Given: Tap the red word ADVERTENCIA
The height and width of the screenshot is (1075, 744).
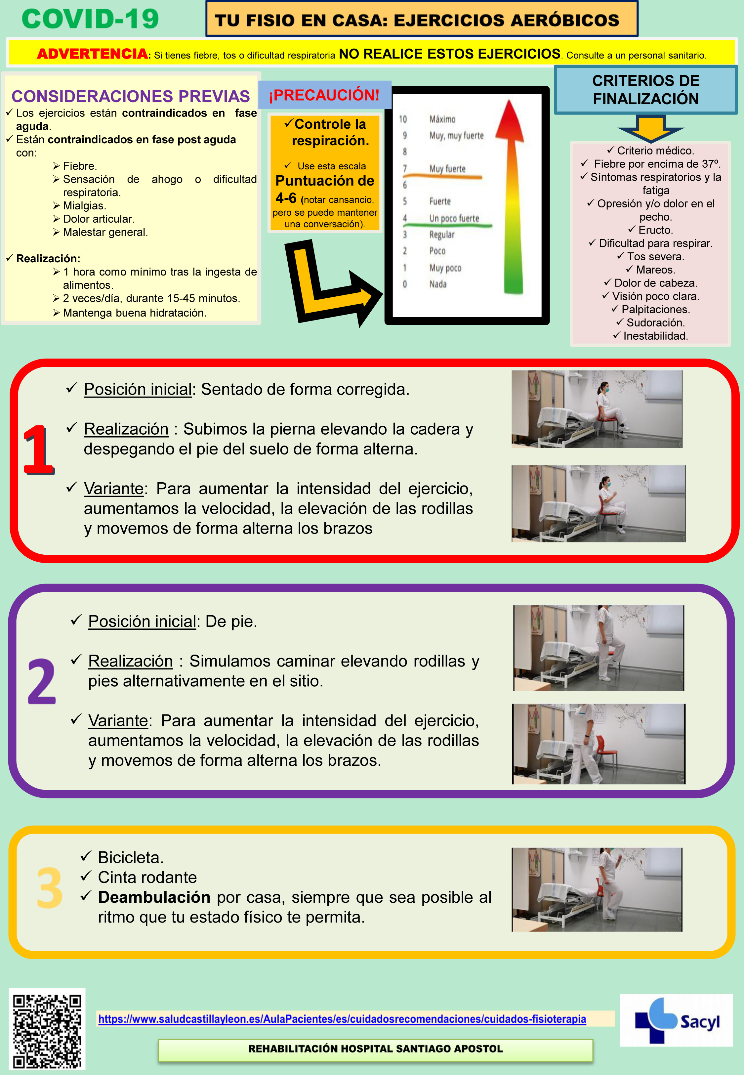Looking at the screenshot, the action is tap(92, 54).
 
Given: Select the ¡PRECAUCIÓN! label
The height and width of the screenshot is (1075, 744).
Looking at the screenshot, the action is tap(324, 95).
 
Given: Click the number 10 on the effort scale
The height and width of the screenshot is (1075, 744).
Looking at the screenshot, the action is tap(403, 119).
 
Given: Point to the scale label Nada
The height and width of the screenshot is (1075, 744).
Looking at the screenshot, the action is tap(438, 284).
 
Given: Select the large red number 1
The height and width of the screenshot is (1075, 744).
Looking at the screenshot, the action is tap(39, 450).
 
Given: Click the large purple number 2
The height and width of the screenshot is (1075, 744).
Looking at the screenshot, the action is tap(41, 681).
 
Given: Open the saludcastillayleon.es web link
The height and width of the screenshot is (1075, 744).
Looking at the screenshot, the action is tap(342, 1019).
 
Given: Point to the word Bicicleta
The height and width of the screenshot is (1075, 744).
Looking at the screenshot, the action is tap(131, 857).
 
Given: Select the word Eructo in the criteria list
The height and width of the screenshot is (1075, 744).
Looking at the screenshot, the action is tap(655, 230).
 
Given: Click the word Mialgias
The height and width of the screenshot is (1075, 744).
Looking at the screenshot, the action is tap(84, 206).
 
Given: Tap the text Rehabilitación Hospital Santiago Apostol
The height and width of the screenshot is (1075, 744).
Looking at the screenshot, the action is tap(375, 1049).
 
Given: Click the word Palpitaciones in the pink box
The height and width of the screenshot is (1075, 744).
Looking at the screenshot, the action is tap(655, 310).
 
